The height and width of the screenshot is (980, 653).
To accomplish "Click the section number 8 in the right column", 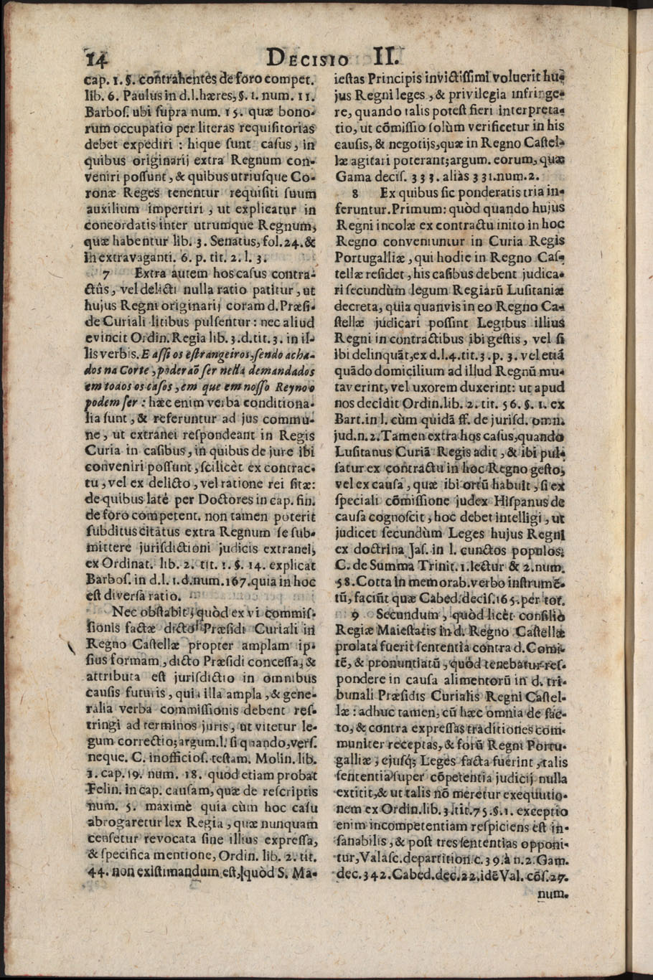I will [355, 193].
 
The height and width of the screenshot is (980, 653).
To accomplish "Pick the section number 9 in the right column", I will [354, 616].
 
